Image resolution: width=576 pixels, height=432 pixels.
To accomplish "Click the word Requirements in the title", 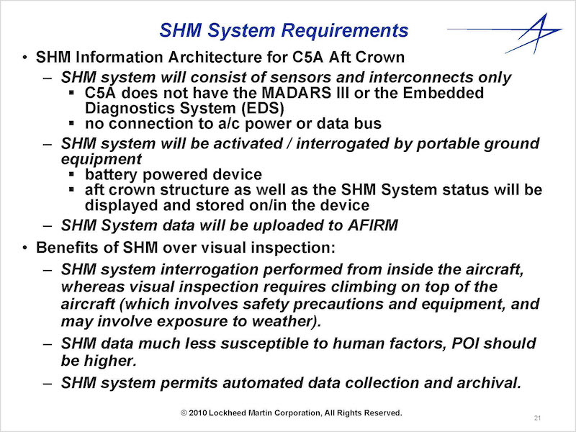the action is tap(345, 30).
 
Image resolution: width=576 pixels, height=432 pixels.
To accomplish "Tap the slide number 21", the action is tap(537, 418).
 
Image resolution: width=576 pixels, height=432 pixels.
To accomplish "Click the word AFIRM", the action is tap(373, 225).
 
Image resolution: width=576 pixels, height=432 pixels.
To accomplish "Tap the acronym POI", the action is tap(465, 343).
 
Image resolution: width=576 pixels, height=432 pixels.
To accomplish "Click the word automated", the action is tap(263, 383).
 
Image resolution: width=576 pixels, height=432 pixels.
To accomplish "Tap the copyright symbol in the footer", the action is tap(184, 413).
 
